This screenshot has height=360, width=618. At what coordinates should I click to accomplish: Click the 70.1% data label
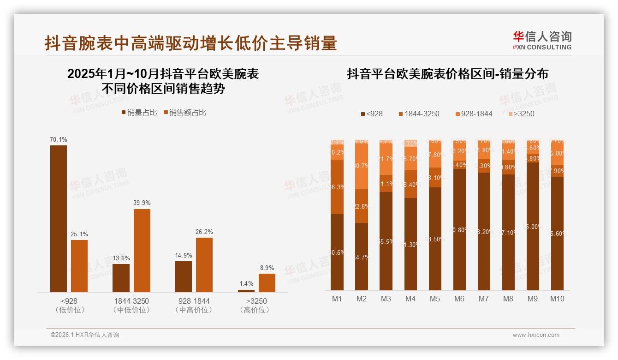[59, 139]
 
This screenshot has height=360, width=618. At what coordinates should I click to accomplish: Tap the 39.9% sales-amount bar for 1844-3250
[142, 250]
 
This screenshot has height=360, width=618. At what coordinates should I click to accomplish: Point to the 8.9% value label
[267, 268]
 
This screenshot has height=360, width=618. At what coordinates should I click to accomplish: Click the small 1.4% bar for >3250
[246, 291]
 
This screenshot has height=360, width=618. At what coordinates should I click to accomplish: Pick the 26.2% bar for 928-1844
[204, 264]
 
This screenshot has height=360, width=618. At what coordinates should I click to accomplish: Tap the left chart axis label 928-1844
[194, 301]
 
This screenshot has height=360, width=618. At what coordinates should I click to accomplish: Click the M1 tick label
[337, 299]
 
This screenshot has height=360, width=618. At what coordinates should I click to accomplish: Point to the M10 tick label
[557, 299]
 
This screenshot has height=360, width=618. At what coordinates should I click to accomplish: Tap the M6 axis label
[459, 299]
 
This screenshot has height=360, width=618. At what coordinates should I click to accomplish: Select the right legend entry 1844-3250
[419, 114]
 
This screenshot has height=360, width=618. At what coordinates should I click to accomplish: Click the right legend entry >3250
[521, 114]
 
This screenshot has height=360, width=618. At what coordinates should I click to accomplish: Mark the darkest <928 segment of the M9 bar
[533, 226]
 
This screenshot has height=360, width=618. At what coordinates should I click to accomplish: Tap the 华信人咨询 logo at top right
[542, 40]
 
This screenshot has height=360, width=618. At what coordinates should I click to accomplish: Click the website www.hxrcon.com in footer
[536, 335]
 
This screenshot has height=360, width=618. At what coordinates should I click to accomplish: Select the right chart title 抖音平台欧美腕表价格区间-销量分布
[447, 74]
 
